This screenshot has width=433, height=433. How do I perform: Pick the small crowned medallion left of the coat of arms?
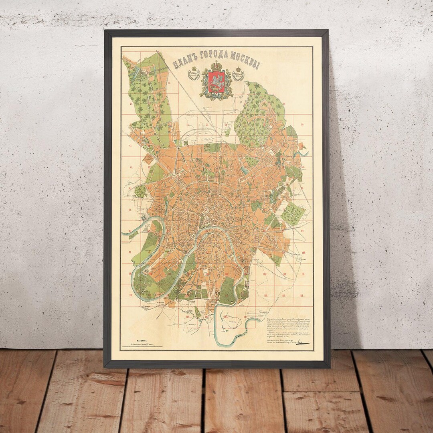tap(194, 74)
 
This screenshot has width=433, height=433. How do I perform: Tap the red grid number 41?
tap(131, 146)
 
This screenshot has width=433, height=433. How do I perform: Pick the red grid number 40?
tap(303, 125)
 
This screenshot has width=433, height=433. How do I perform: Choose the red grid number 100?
tap(303, 253)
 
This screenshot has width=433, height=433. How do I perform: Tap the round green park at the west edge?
tap(141, 191)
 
